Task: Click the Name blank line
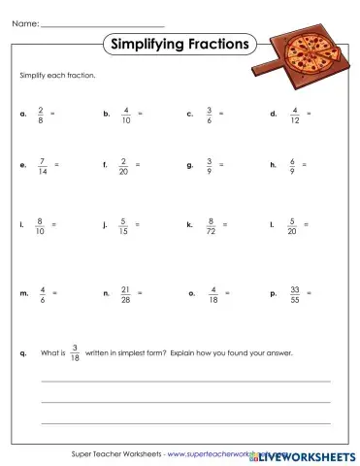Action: [x=103, y=22]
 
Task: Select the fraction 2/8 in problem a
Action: [x=40, y=115]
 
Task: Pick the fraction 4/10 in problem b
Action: [x=126, y=115]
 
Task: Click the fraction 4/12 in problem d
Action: [x=295, y=115]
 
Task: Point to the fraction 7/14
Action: [x=41, y=165]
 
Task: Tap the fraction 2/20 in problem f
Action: [x=124, y=165]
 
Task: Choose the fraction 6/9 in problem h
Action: [x=292, y=165]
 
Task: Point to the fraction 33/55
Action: [x=295, y=292]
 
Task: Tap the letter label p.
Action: [x=273, y=292]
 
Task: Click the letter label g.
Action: [x=189, y=165]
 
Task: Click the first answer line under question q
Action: [x=184, y=382]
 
